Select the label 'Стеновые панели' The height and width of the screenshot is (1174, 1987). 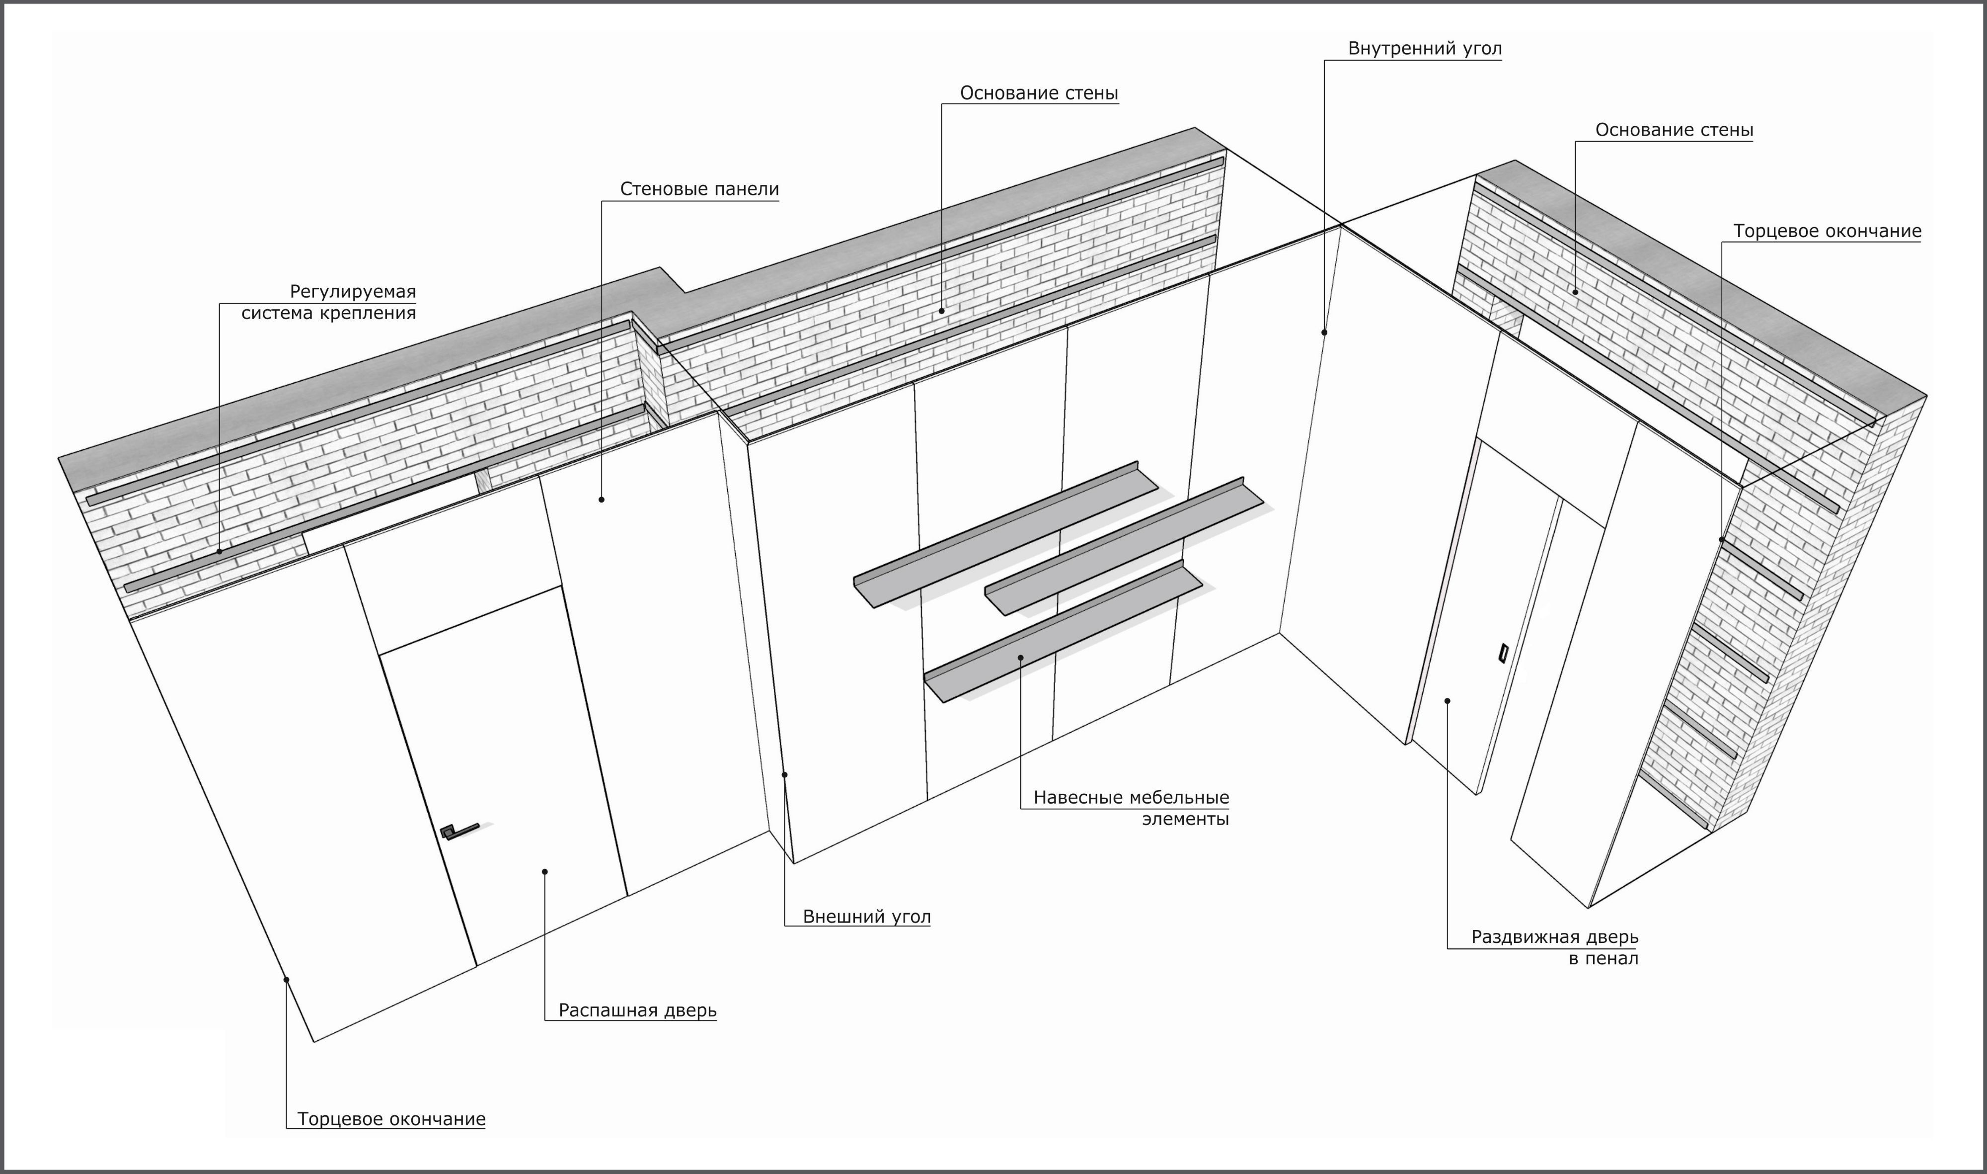[699, 189]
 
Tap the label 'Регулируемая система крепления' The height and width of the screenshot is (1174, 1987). [328, 302]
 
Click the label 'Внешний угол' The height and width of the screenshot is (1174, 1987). [867, 917]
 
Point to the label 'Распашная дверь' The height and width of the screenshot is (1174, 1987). [637, 1010]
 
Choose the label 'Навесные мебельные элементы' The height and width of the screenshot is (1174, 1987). [1131, 808]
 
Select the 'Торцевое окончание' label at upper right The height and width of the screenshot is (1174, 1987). [1827, 231]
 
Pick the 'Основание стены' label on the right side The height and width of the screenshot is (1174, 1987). [1674, 130]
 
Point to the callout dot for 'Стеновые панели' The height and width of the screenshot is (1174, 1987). [602, 499]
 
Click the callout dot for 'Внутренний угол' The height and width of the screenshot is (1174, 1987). [1324, 332]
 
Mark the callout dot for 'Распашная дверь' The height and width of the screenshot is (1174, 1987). [545, 872]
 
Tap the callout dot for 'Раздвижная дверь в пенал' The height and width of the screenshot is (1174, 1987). [1448, 700]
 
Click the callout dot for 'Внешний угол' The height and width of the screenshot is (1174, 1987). [784, 774]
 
